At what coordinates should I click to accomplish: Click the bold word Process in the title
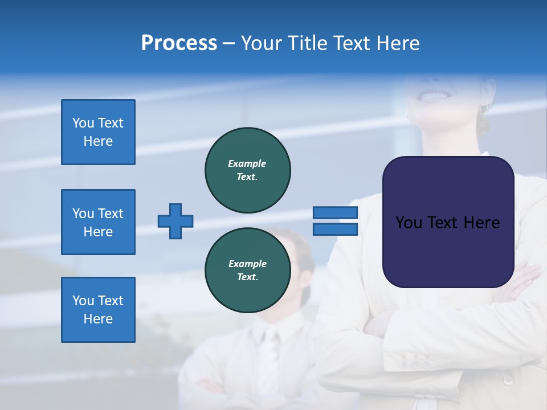[179, 43]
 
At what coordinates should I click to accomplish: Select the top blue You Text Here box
[98, 132]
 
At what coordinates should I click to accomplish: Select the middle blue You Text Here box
[98, 222]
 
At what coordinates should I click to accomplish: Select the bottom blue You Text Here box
[98, 310]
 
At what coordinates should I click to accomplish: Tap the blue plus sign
[175, 221]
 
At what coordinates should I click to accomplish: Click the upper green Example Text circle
[248, 170]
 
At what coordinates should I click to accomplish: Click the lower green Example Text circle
[248, 270]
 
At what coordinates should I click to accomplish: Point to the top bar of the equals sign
[335, 212]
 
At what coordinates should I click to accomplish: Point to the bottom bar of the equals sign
[335, 229]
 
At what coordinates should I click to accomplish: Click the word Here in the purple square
[482, 223]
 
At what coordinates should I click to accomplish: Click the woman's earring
[483, 108]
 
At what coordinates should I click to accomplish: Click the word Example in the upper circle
[247, 163]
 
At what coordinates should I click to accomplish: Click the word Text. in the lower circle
[247, 277]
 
